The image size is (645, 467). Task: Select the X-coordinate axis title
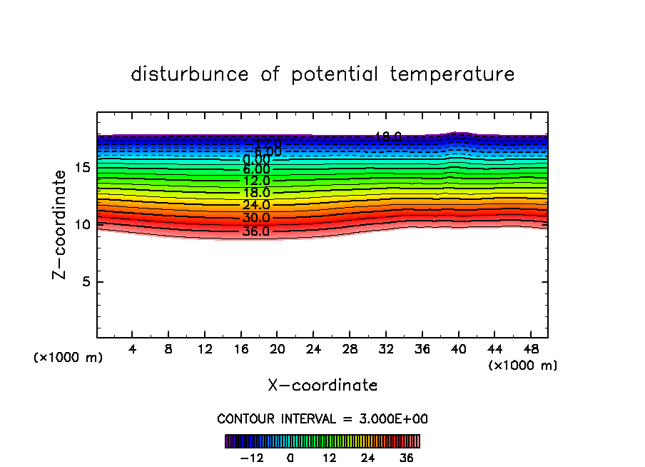(x=322, y=385)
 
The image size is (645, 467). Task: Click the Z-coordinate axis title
(x=65, y=224)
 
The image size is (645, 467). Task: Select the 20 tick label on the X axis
(x=277, y=350)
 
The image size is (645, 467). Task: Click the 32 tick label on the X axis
(x=385, y=350)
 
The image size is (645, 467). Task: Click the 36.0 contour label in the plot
(x=255, y=231)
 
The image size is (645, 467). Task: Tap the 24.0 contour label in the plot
(x=255, y=205)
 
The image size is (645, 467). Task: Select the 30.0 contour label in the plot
(x=255, y=218)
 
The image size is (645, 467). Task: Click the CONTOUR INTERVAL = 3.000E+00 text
(x=322, y=418)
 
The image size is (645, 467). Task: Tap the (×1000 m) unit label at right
(x=522, y=366)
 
